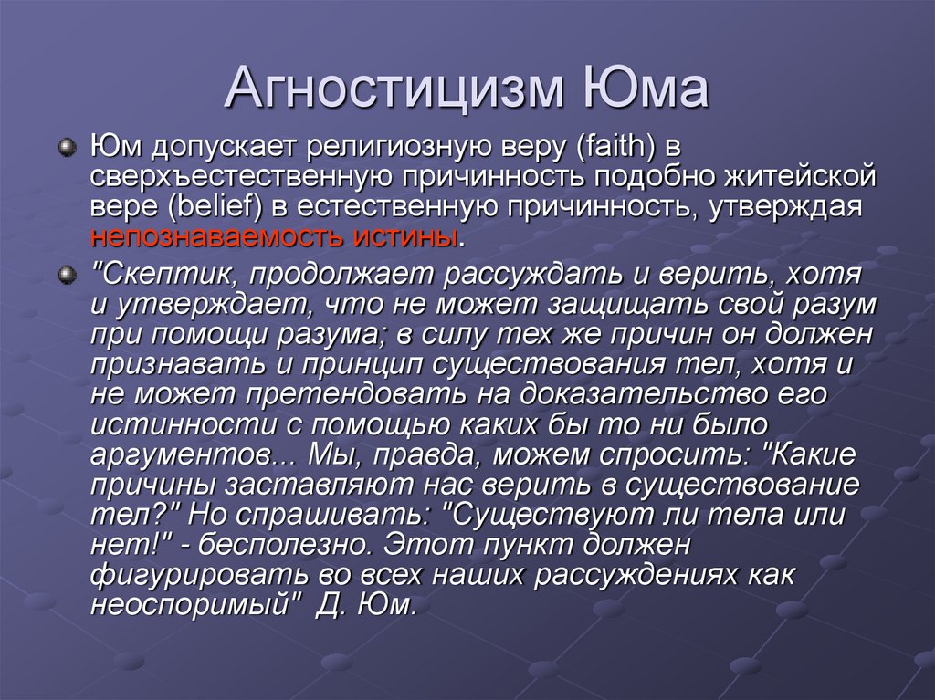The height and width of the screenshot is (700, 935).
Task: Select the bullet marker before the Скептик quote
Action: [67, 275]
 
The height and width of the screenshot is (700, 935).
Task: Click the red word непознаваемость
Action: [215, 237]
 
